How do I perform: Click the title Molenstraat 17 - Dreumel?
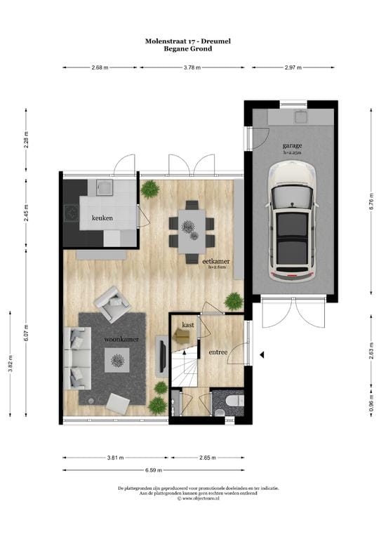tap(187, 42)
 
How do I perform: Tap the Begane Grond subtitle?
tap(187, 49)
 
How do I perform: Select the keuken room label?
tap(102, 218)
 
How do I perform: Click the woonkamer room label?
tap(121, 339)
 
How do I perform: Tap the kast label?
tap(187, 325)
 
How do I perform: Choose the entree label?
tap(218, 352)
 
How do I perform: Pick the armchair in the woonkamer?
tap(113, 302)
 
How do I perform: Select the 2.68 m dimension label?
tap(102, 68)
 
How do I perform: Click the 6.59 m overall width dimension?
tap(154, 470)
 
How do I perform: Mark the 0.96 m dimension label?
tap(370, 408)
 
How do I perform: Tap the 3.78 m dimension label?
tap(192, 68)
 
